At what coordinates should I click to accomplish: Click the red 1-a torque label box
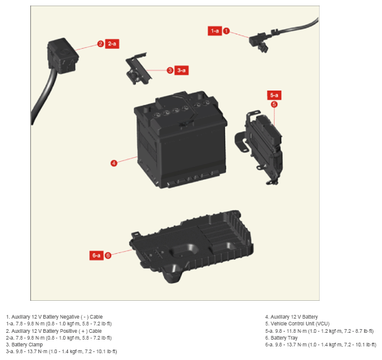tap(214, 31)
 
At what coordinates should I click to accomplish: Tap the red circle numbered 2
tap(100, 44)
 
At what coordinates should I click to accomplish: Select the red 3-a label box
tap(182, 70)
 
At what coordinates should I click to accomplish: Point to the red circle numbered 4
tap(114, 163)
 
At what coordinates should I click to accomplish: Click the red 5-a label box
tap(274, 95)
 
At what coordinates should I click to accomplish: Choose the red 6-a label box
tap(96, 256)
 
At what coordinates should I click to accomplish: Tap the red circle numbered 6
tap(108, 256)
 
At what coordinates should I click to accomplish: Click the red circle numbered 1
tap(226, 31)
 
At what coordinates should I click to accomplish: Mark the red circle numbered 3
tap(170, 70)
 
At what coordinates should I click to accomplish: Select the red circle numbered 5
tap(274, 104)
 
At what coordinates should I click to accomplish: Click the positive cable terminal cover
tap(62, 56)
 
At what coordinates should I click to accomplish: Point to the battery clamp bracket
tap(138, 69)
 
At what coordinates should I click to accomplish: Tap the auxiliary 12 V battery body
tap(180, 140)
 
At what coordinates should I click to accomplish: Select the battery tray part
tap(192, 246)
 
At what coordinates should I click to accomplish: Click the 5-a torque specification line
tap(320, 331)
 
